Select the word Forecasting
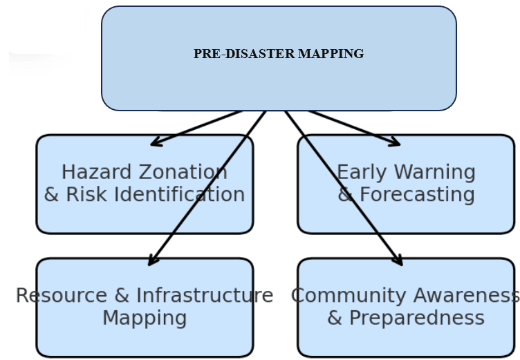[417, 195]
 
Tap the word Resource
[62, 296]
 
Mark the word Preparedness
[417, 318]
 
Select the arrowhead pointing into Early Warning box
[396, 143]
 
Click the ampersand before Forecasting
[346, 195]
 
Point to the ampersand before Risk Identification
[52, 195]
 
